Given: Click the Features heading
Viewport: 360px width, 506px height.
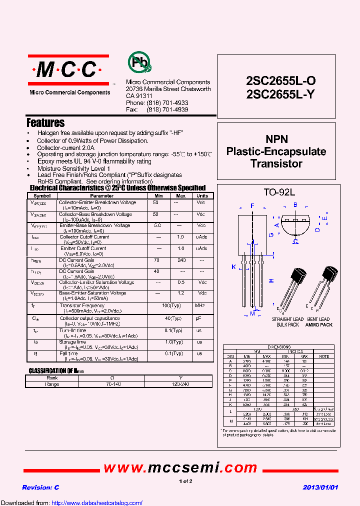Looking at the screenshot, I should point(45,123).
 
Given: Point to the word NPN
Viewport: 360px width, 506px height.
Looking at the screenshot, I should point(276,139).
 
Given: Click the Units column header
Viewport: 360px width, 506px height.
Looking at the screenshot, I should point(202,196).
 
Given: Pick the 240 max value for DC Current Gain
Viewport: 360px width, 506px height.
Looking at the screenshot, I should point(181,260).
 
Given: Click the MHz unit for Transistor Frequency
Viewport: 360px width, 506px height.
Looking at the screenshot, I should point(200,305).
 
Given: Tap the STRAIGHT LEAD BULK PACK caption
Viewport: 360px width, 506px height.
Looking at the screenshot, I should point(287,322).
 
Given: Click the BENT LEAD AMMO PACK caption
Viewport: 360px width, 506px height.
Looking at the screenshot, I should point(318,322).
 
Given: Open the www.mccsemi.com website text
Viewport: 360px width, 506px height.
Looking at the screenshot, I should point(180,467).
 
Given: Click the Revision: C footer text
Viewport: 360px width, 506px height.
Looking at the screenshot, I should point(40,487).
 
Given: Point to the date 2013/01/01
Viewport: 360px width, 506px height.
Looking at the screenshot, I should point(320,487).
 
